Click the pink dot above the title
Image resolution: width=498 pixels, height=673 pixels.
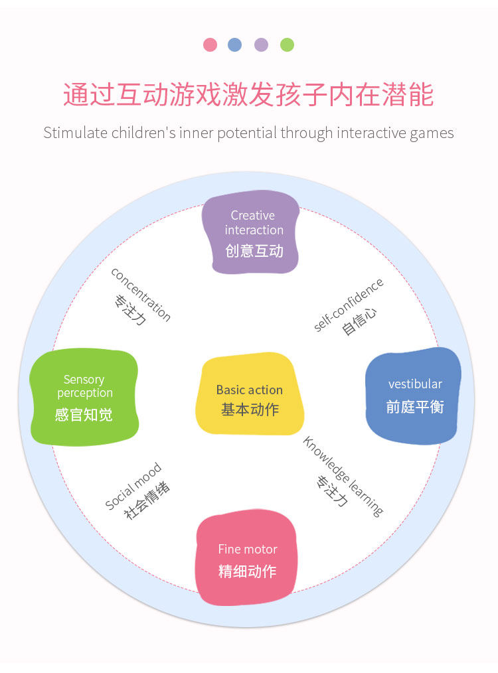pos(210,45)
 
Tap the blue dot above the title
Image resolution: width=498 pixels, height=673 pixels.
pos(234,45)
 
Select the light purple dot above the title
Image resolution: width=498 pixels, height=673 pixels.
pos(262,45)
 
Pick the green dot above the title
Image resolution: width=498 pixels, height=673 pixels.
pos(287,45)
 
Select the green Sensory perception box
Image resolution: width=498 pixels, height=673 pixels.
pos(84,397)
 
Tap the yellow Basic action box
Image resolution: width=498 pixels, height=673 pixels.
pos(250,395)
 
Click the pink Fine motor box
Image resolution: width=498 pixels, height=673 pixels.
pos(247,559)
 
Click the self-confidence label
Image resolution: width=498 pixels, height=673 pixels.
pos(349,305)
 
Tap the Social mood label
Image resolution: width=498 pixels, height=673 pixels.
pos(133,486)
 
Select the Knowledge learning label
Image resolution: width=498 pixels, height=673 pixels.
pos(343,475)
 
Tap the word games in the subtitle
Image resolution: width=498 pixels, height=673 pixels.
pos(432,133)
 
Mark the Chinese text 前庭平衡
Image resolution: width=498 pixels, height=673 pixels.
pos(415,406)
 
